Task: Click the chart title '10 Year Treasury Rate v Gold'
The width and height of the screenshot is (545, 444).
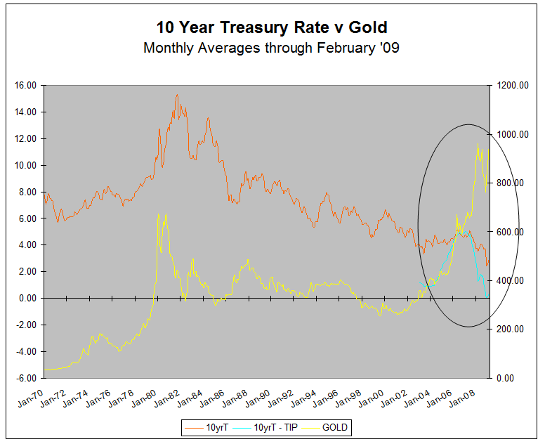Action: click(272, 27)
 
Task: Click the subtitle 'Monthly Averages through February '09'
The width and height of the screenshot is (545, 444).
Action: click(272, 48)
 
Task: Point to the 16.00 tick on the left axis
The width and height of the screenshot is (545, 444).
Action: click(26, 86)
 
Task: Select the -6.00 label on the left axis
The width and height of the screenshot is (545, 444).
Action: click(26, 378)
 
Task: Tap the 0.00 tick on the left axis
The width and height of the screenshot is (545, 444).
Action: click(27, 299)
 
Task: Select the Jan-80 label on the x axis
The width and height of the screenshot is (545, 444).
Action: click(145, 396)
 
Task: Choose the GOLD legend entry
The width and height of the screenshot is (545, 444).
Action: click(334, 427)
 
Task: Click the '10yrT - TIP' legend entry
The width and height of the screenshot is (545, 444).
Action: click(273, 427)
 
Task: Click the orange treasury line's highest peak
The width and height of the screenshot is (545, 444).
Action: click(177, 95)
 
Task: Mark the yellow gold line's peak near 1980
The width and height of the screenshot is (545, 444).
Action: click(159, 214)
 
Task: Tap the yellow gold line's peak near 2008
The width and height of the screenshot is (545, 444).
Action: click(478, 144)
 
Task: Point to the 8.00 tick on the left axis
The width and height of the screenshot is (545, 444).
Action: click(27, 192)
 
